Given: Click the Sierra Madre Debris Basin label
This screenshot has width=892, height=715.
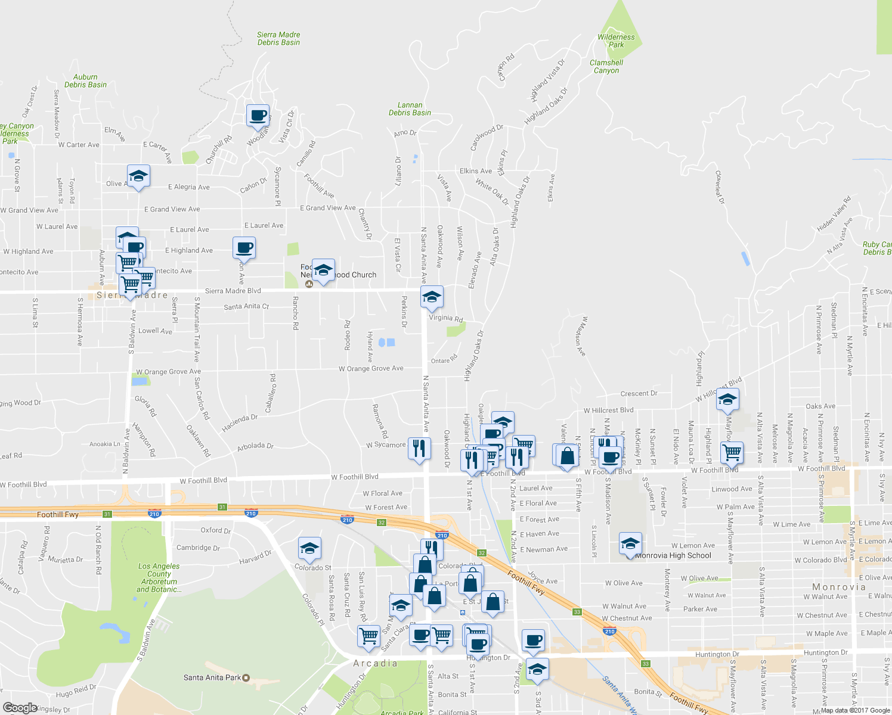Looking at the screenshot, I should coord(278,39).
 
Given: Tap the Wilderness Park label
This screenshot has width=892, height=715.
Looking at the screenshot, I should coord(616,41).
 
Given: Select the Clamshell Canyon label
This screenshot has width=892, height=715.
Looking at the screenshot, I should coord(606,66).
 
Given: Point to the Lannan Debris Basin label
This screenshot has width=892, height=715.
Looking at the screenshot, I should coord(410,108).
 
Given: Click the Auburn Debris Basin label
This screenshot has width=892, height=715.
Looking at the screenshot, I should coord(85,80).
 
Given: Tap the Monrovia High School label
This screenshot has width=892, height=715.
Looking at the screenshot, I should coord(673,555).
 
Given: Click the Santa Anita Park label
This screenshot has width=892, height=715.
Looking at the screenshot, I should coord(213,677).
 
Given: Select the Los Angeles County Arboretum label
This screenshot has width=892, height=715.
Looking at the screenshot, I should coord(159,577).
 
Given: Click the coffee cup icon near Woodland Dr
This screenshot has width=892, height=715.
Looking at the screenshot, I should coord(258,116).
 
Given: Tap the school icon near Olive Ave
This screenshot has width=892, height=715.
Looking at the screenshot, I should coord(138,176).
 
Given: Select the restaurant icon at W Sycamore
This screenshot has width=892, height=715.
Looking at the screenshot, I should coord(419,448).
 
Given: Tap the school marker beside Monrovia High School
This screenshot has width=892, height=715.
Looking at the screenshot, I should coord(630,543).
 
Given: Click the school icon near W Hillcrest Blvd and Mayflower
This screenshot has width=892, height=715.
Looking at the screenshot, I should coord(727,399).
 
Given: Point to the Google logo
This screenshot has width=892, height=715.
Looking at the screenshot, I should coord(20,707).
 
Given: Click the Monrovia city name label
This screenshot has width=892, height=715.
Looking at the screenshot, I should coord(838,587).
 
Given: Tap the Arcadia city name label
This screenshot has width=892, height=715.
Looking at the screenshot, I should coord(375,663).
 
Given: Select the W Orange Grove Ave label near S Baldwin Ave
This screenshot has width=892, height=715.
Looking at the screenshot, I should coord(169,372).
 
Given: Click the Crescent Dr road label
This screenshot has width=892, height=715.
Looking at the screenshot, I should coord(639,393).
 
